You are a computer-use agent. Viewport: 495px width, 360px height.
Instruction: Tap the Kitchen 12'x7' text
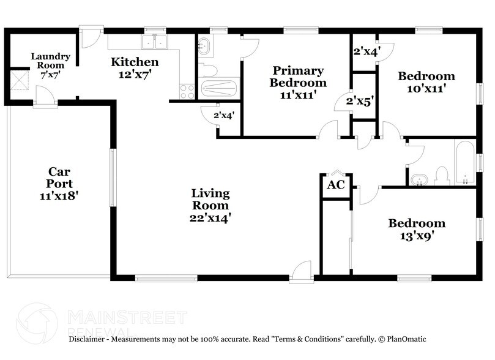click(134, 67)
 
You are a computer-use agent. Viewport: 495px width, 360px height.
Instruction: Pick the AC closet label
click(336, 185)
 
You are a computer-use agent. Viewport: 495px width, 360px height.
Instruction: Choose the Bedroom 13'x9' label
click(417, 229)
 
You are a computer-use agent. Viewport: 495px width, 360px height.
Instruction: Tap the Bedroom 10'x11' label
click(426, 82)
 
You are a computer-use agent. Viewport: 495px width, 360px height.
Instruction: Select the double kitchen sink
click(154, 42)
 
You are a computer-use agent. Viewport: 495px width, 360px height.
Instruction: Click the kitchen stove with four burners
click(187, 91)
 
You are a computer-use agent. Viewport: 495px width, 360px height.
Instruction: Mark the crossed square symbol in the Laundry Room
click(14, 80)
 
